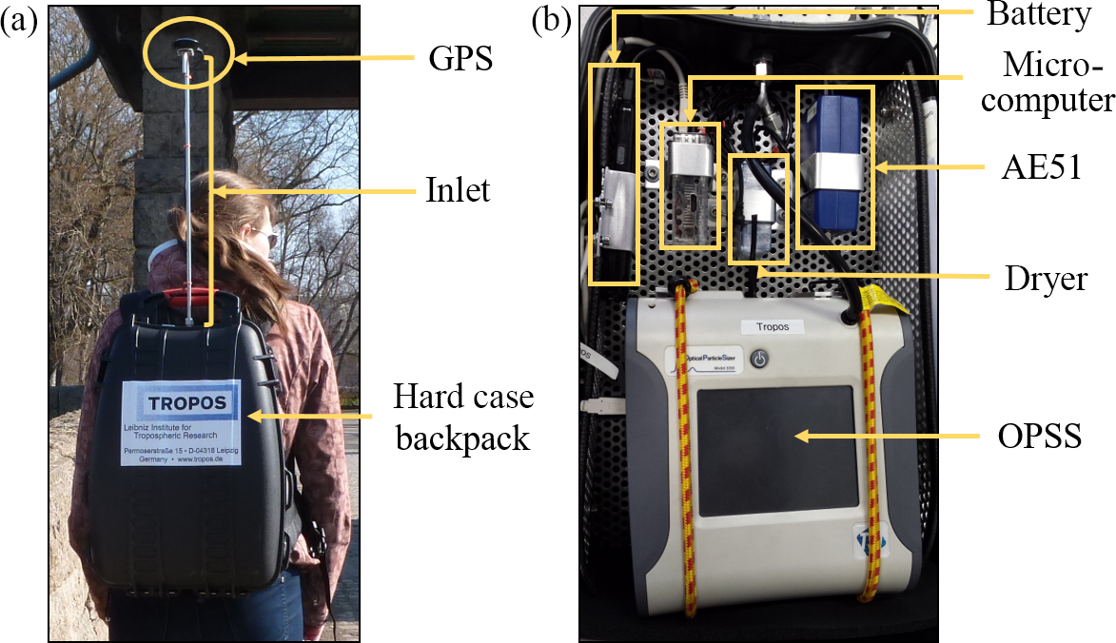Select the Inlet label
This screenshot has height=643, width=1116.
click(457, 190)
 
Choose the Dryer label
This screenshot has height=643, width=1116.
click(1045, 278)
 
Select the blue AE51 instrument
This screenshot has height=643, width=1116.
click(832, 166)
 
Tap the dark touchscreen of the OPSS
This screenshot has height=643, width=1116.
click(775, 440)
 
